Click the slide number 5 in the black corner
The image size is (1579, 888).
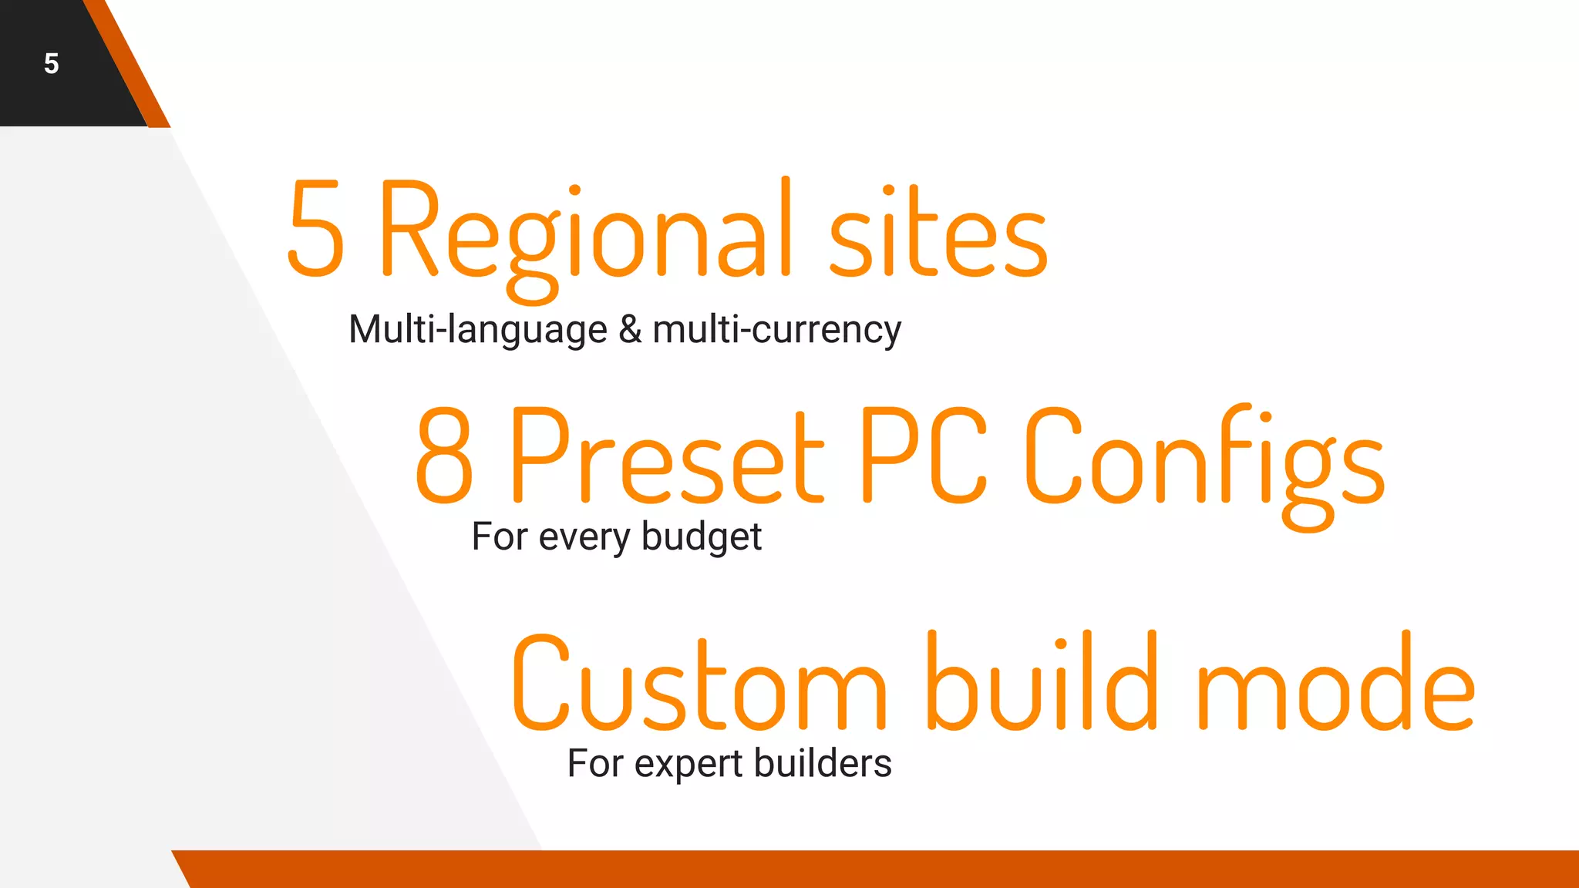click(x=52, y=63)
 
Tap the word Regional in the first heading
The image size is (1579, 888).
click(x=586, y=231)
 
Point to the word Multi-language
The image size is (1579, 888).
click(x=478, y=330)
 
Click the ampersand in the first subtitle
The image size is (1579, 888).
click(x=630, y=330)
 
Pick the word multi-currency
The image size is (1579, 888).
click(x=776, y=330)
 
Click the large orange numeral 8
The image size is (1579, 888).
click(x=444, y=455)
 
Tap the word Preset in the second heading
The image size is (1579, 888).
click(x=667, y=455)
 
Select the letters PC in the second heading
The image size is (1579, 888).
click(x=922, y=455)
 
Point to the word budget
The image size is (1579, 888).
click(x=701, y=537)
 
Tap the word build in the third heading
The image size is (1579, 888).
click(x=1042, y=682)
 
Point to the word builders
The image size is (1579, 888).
click(x=823, y=764)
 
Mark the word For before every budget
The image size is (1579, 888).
click(x=500, y=537)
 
